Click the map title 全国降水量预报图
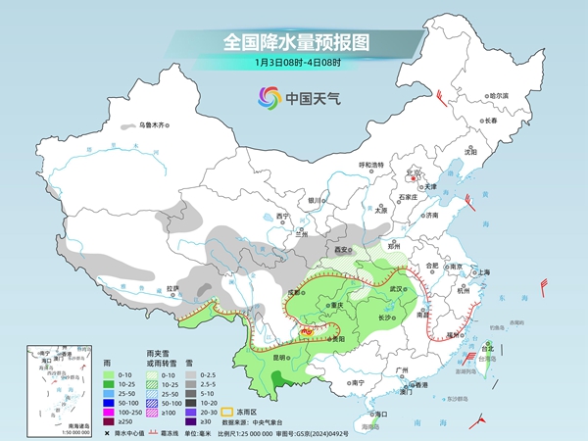294,41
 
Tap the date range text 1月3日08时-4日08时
295,64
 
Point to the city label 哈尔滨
499,95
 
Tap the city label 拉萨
173,288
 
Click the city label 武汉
397,289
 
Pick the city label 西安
342,250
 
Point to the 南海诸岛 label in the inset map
71,426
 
